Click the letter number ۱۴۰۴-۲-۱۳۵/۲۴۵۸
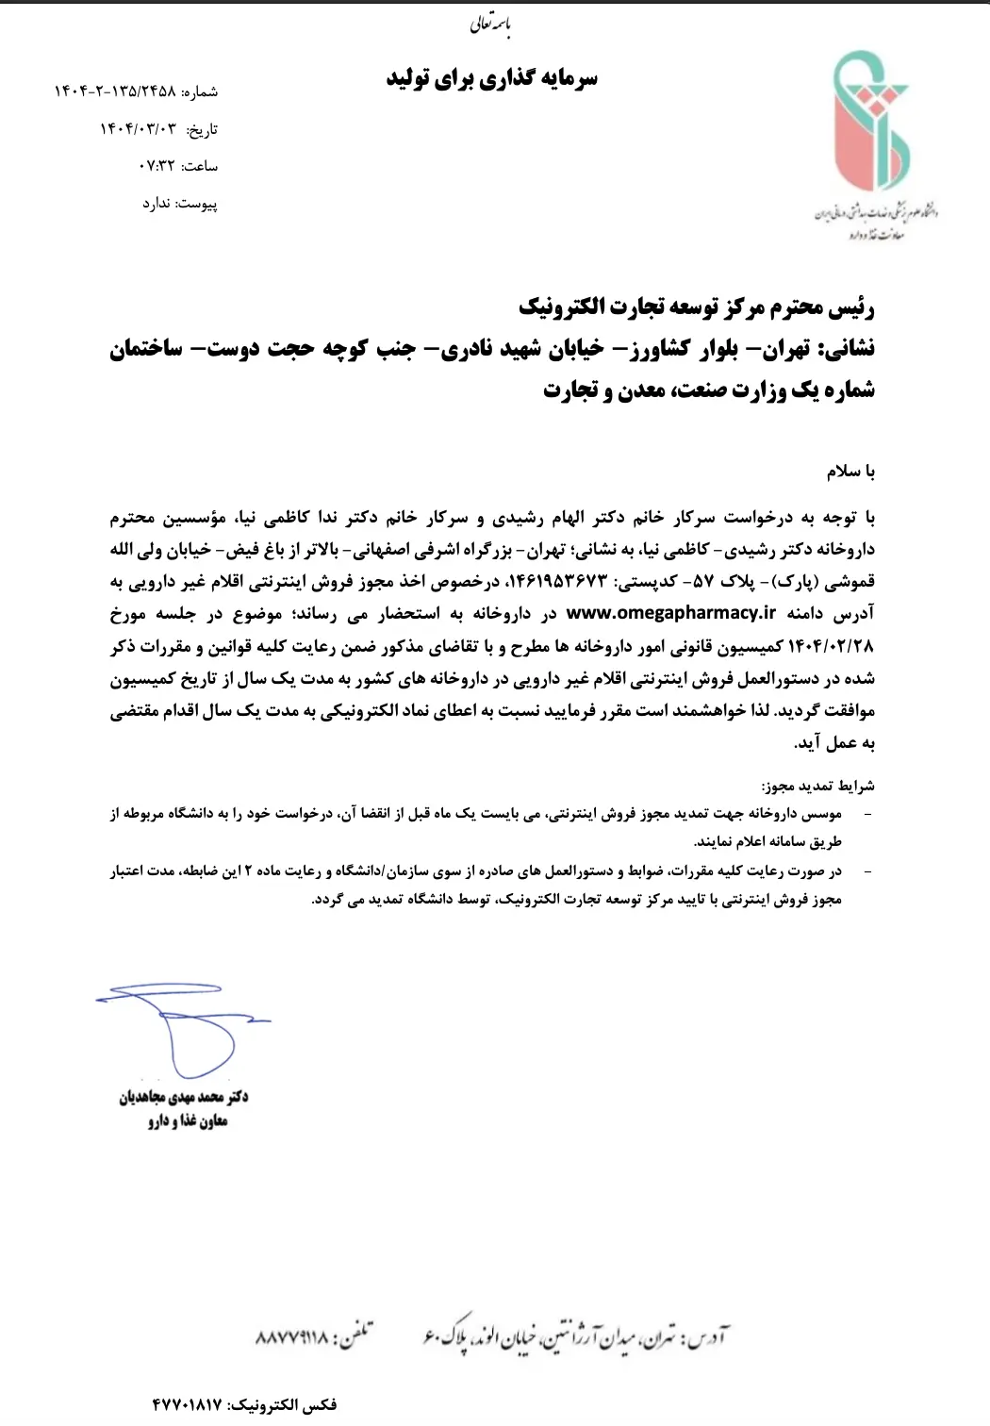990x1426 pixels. [114, 91]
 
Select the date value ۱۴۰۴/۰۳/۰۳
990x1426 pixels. [138, 129]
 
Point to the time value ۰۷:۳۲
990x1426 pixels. [157, 166]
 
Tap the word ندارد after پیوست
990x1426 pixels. [156, 204]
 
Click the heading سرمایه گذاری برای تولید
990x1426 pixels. [491, 78]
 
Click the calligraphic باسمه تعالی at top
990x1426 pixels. [490, 25]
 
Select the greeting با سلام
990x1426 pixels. [850, 471]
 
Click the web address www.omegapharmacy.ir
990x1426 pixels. [670, 613]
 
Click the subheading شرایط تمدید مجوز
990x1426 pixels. [817, 786]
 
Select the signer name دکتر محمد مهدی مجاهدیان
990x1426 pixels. [183, 1097]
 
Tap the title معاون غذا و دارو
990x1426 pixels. [187, 1120]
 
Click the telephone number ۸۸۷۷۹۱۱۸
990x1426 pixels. [292, 1337]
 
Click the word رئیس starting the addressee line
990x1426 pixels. [854, 307]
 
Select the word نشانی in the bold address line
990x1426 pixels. [850, 349]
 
